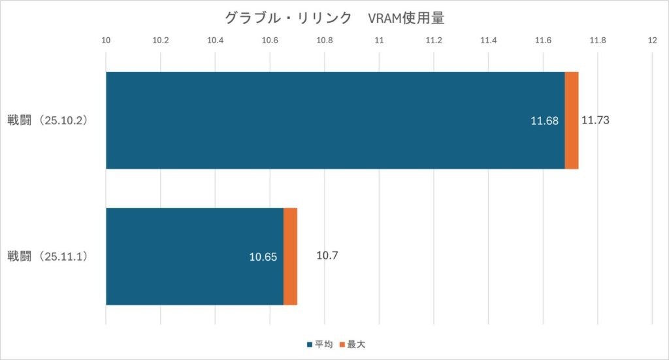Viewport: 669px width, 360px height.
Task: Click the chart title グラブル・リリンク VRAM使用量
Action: [x=334, y=18]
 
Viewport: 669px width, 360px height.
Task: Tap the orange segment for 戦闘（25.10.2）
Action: [x=572, y=120]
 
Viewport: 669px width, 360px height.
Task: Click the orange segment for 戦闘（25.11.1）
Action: [x=291, y=256]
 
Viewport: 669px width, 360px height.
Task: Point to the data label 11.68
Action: [x=546, y=121]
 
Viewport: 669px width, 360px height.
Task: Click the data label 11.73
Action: [x=595, y=120]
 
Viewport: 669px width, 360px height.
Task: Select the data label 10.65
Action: [x=263, y=257]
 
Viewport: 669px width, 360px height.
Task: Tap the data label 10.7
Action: [x=327, y=256]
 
